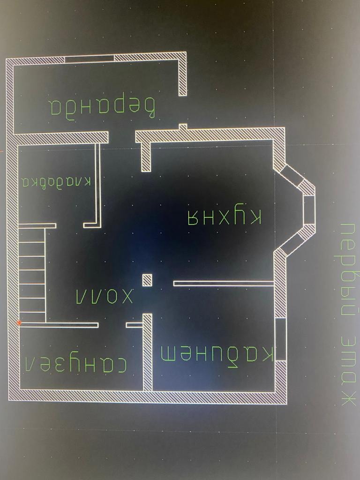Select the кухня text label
[224, 217]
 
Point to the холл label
[105, 296]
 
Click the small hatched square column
[147, 280]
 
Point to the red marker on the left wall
[19, 322]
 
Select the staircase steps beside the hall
[32, 274]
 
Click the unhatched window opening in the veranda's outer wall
[89, 59]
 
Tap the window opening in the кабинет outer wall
[280, 339]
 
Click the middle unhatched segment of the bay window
[308, 209]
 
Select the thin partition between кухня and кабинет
[223, 283]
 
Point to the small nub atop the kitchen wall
[183, 127]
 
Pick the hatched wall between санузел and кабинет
[147, 352]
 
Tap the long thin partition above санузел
[59, 324]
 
